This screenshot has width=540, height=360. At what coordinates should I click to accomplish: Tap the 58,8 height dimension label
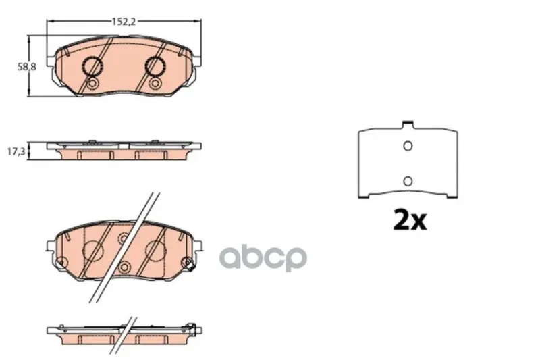(27, 67)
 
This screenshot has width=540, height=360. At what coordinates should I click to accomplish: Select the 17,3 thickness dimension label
(16, 151)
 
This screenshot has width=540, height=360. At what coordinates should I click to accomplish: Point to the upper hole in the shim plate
(408, 146)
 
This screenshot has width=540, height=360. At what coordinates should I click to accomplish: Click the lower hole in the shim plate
(408, 181)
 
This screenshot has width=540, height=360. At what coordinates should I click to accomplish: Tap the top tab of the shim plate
(408, 124)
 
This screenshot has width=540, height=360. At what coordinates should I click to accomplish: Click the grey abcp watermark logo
(263, 258)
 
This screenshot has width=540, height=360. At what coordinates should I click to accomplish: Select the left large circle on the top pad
(92, 66)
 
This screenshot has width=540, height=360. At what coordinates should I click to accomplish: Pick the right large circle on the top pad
(155, 66)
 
